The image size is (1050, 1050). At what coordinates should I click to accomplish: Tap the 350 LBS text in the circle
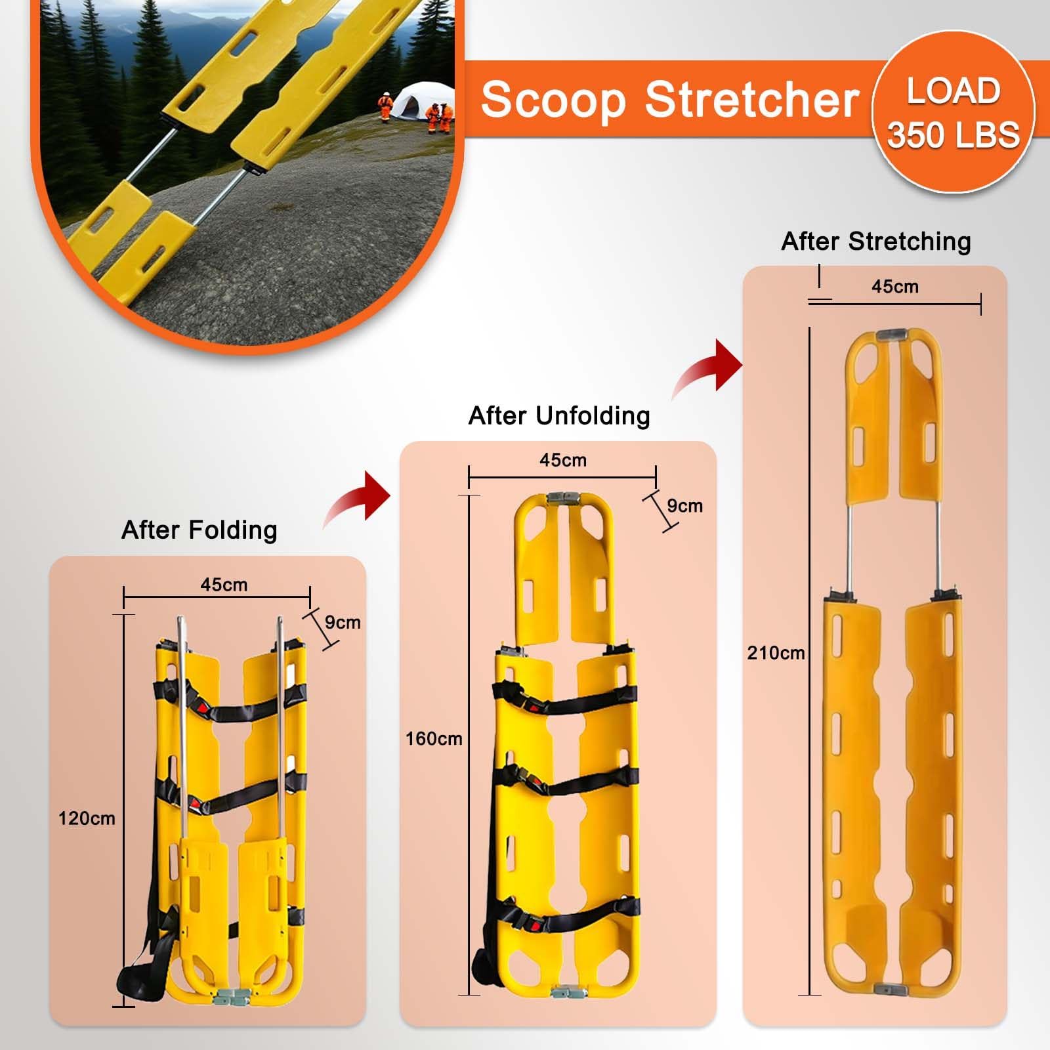954,135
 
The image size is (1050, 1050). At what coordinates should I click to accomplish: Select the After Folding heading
199,530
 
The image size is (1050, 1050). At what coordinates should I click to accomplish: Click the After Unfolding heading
559,416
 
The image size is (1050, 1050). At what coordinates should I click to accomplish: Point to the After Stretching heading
876,241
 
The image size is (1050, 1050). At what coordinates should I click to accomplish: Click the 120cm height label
87,818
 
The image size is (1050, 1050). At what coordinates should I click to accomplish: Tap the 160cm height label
434,739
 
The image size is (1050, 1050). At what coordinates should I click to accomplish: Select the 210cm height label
776,653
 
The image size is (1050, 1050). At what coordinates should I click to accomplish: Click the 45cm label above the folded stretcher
224,585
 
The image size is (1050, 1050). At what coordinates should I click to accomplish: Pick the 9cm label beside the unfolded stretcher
685,506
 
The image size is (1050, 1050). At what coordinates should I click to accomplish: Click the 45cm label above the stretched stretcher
895,287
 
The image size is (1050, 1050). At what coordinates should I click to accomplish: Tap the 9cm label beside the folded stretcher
343,622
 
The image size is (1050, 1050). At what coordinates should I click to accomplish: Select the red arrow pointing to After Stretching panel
707,367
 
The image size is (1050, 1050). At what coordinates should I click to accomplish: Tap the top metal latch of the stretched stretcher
894,334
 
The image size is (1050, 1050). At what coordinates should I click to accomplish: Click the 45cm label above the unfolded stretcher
563,460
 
